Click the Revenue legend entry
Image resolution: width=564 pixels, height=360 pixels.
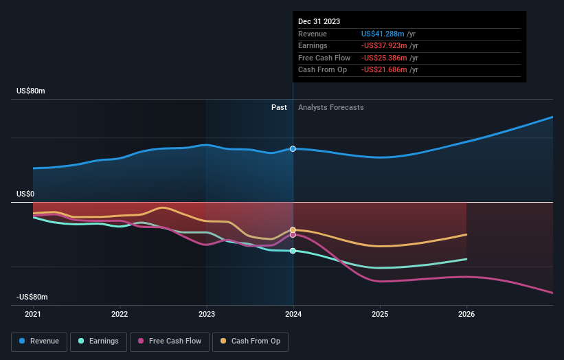(x=40, y=341)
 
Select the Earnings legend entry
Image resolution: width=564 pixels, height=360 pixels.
(x=98, y=341)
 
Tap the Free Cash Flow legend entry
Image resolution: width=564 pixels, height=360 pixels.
(x=169, y=341)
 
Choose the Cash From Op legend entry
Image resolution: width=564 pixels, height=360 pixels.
(x=251, y=341)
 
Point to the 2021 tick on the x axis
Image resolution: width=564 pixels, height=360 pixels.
(x=33, y=314)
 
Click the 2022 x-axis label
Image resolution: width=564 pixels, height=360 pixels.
(x=120, y=314)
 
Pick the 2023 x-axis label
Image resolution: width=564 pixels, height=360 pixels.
(x=207, y=314)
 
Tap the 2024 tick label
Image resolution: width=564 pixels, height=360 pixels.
(x=293, y=314)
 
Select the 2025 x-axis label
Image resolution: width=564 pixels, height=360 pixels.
(x=380, y=314)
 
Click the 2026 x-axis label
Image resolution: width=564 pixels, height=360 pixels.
(x=466, y=314)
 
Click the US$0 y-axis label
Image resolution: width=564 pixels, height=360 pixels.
(x=25, y=194)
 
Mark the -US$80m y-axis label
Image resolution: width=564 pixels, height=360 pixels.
(x=32, y=297)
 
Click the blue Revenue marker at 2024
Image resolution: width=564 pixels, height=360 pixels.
(x=293, y=149)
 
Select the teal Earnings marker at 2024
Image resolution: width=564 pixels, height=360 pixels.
(x=293, y=251)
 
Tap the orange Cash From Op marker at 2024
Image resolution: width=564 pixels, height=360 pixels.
(x=293, y=229)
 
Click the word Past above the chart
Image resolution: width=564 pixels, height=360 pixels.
(x=279, y=107)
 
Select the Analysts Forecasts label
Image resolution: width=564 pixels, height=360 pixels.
(x=330, y=107)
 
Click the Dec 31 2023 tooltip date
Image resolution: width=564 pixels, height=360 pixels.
(x=319, y=22)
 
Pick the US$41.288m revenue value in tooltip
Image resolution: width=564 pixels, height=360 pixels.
(x=383, y=34)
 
